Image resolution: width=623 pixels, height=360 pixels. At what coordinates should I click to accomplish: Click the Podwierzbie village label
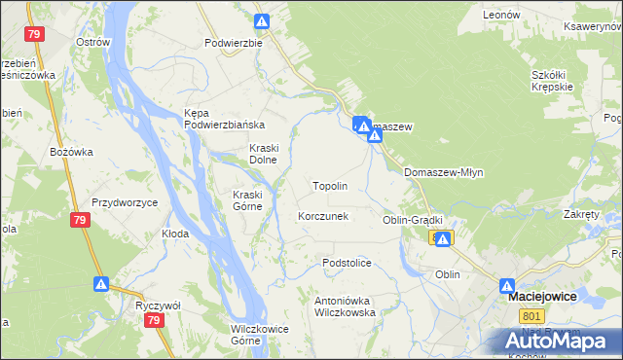234,43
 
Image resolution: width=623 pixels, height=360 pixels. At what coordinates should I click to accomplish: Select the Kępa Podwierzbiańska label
225,119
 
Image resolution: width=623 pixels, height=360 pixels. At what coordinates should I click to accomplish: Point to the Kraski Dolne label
263,153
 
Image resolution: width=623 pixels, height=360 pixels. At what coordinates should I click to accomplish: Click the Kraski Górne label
247,199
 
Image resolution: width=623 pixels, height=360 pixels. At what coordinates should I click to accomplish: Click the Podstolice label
348,263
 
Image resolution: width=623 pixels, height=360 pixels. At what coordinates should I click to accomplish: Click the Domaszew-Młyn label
443,172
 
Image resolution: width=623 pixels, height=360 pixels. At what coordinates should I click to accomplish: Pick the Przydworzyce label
125,202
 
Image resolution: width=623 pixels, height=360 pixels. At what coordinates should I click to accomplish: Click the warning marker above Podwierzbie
262,20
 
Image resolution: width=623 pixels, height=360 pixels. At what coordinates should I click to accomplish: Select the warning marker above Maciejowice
507,286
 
